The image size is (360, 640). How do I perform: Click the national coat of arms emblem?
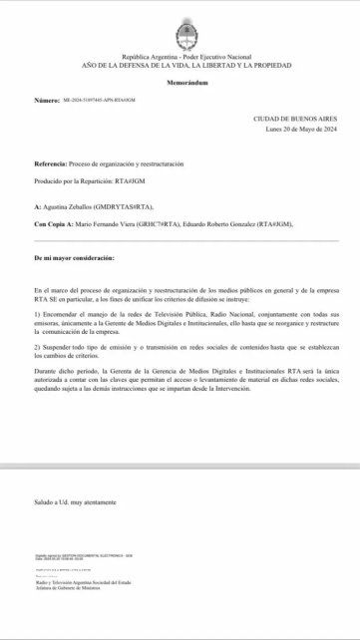182,31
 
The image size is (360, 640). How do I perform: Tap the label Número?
47,101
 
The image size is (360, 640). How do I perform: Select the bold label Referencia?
51,161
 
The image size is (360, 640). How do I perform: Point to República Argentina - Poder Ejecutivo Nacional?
180,57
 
